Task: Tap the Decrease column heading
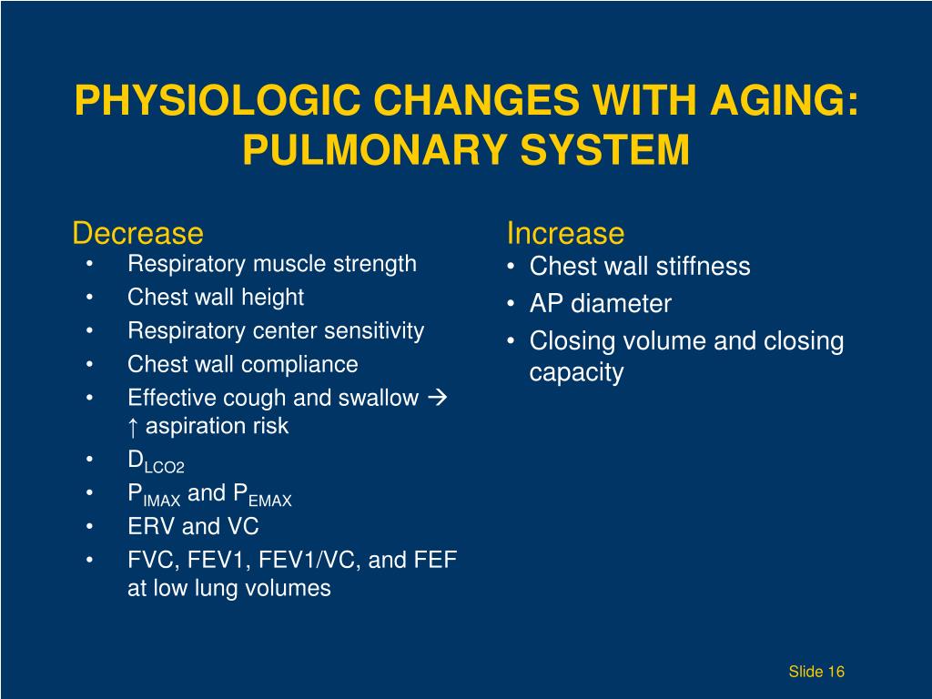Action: (x=137, y=234)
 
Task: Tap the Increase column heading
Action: (x=565, y=234)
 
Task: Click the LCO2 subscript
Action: (x=165, y=467)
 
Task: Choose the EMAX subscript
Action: (x=269, y=500)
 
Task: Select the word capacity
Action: (x=576, y=373)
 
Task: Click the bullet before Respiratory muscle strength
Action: (x=92, y=265)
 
